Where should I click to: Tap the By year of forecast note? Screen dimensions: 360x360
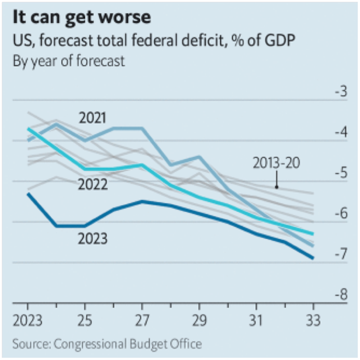[68, 61]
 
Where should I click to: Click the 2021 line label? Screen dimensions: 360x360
[93, 118]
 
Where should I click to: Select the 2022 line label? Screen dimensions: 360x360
[93, 184]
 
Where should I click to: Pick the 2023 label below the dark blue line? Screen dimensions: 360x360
[93, 238]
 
